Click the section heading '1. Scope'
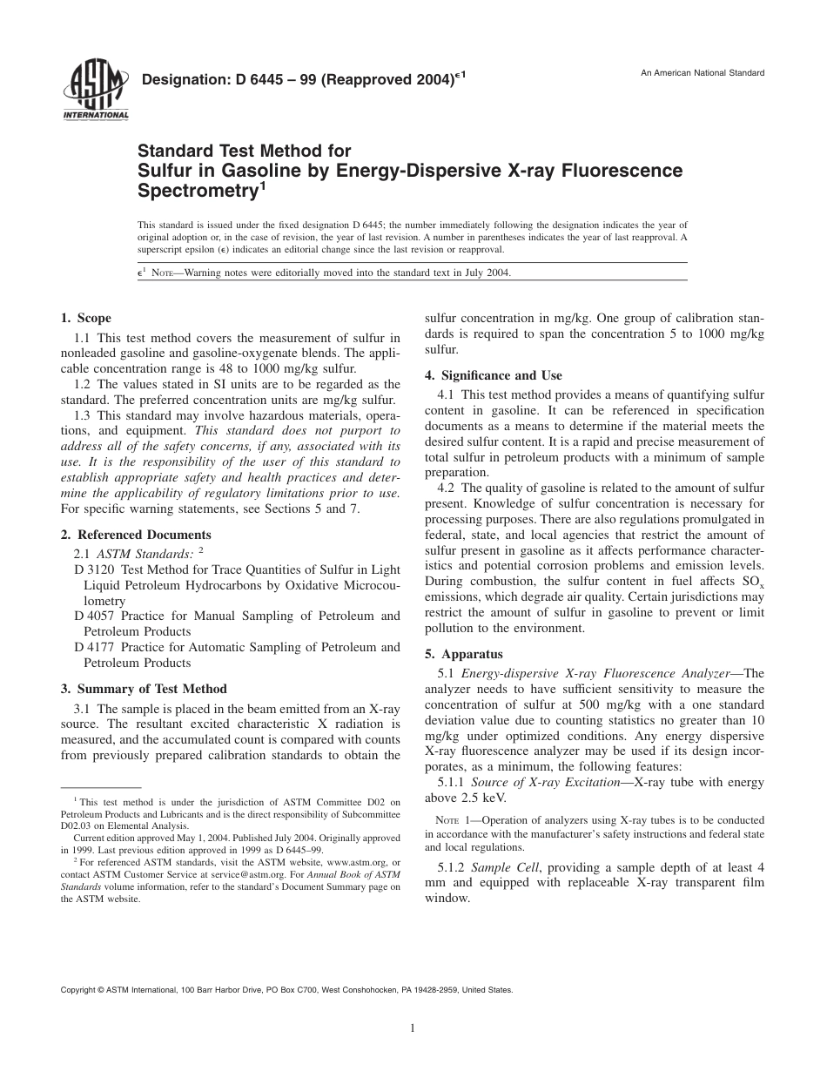tap(85, 318)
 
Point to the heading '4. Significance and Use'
tap(494, 375)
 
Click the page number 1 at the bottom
tap(413, 1027)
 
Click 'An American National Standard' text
tap(703, 73)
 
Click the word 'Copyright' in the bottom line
tap(77, 990)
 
